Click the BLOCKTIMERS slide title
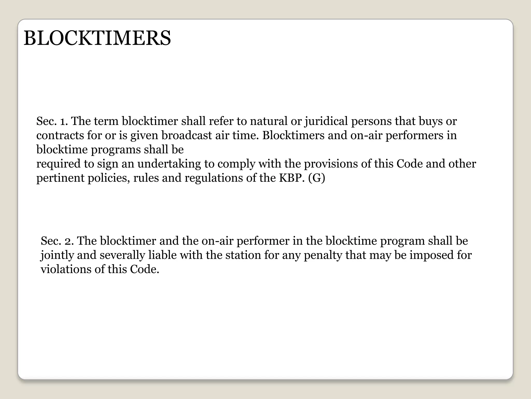point(97,38)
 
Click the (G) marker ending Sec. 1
point(317,178)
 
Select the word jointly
point(57,255)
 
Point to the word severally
point(122,255)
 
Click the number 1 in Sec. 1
point(62,121)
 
